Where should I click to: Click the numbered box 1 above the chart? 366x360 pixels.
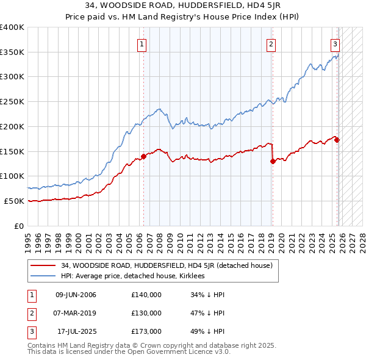pos(142,43)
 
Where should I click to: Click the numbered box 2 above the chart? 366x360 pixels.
pos(270,43)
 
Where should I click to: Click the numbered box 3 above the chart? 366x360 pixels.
pos(335,43)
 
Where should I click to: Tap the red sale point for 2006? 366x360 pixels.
pos(144,156)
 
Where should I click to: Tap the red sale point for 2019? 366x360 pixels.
pos(272,161)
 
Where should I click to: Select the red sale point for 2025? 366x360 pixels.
pos(337,140)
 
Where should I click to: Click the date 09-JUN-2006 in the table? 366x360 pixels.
pos(76,295)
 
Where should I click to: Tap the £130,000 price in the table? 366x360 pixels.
pos(146,313)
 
